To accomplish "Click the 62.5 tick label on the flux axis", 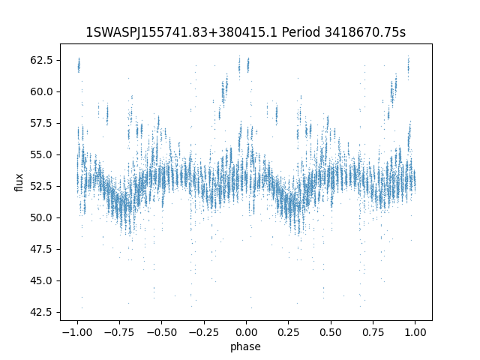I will (43, 60).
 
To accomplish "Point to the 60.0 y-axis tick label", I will (43, 91).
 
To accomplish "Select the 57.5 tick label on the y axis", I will (43, 123).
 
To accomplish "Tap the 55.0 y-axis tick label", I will (43, 154).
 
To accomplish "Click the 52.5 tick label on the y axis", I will (43, 186).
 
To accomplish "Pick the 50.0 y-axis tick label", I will (43, 217).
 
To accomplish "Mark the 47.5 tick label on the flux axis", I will (43, 249).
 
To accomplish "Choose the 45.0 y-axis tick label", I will (43, 280).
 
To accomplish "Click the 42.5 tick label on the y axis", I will (43, 312).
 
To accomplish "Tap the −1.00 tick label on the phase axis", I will (76, 332).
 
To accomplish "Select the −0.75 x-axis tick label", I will (118, 332).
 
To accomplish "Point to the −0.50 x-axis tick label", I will (161, 332).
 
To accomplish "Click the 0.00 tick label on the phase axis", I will (246, 332).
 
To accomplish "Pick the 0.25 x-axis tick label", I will (289, 332).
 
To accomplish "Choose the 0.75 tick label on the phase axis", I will (373, 332).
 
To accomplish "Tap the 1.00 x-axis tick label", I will (415, 332).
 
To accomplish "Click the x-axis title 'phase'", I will (246, 346).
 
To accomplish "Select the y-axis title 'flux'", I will (19, 182).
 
